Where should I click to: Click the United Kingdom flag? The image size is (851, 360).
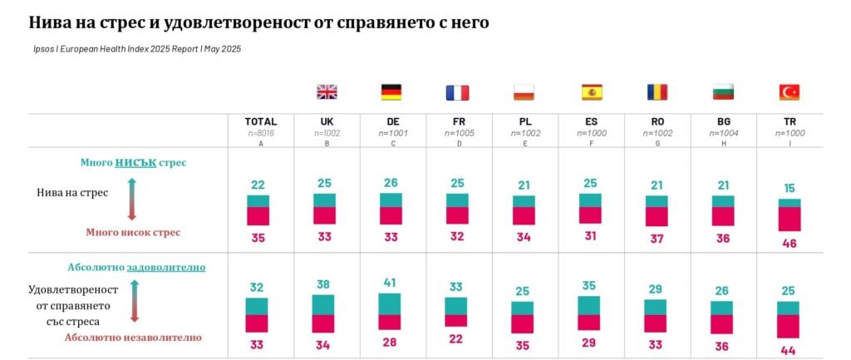pyautogui.click(x=327, y=92)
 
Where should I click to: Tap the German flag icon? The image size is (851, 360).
pyautogui.click(x=391, y=92)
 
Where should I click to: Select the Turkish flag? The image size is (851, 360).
pyautogui.click(x=789, y=92)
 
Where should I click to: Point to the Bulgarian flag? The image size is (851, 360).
pyautogui.click(x=723, y=92)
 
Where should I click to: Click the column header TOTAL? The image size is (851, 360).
pyautogui.click(x=260, y=121)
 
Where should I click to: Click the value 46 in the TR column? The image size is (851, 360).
pyautogui.click(x=790, y=243)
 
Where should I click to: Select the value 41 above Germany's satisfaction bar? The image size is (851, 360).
pyautogui.click(x=391, y=283)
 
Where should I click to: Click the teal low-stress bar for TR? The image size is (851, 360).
pyautogui.click(x=790, y=203)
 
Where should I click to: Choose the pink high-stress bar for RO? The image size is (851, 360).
pyautogui.click(x=657, y=216)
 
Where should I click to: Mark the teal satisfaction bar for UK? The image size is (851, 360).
pyautogui.click(x=324, y=304)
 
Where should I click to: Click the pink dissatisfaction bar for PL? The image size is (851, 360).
pyautogui.click(x=524, y=323)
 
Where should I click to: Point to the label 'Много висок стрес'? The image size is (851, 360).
pyautogui.click(x=133, y=233)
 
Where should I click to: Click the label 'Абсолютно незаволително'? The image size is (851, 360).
pyautogui.click(x=133, y=338)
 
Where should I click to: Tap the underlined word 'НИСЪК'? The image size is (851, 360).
pyautogui.click(x=135, y=162)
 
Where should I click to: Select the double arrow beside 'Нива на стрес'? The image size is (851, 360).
pyautogui.click(x=131, y=198)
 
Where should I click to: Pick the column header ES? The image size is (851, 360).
pyautogui.click(x=591, y=121)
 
